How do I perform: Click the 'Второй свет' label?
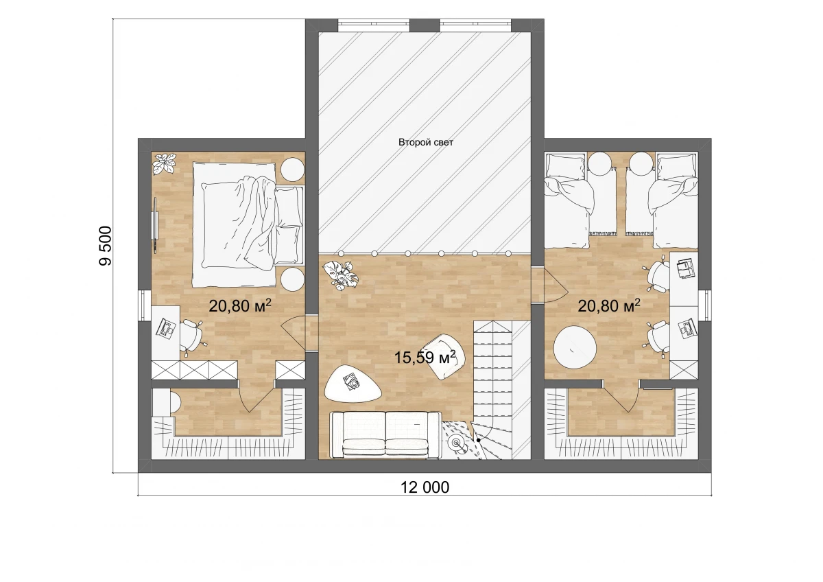426,142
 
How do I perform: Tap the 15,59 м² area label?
425,358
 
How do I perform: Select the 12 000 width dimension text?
425,487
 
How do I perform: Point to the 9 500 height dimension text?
106,246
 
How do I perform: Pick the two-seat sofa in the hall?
385,434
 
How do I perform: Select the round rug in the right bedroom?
575,347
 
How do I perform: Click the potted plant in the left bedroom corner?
163,163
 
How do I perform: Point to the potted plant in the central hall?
340,275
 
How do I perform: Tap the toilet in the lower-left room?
165,403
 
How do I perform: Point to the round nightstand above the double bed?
293,169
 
